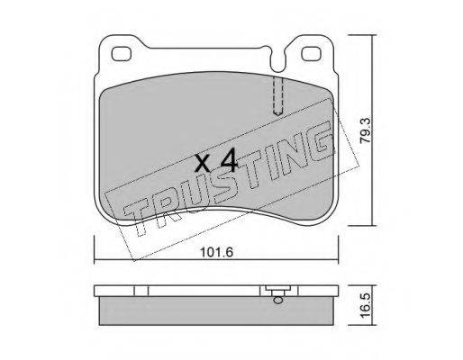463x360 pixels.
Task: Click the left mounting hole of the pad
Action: (122, 54)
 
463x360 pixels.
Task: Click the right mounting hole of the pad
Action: (311, 54)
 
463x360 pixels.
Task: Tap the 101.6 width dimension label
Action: (217, 252)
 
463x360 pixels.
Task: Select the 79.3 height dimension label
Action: (368, 130)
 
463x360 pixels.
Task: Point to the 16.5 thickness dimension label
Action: (367, 306)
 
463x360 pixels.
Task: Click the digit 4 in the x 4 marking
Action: (229, 162)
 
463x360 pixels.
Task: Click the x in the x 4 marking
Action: (203, 165)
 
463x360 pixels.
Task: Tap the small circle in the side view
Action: (277, 300)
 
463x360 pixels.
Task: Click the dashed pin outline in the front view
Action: (278, 96)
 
